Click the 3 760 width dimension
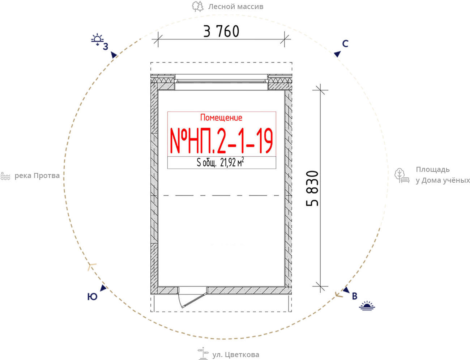pos(221,31)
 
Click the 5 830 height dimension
pos(312,189)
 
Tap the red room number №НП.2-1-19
pos(221,141)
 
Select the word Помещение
pos(221,118)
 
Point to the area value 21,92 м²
pos(232,162)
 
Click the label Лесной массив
pos(236,7)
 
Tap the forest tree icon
pos(198,6)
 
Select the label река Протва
pos(37,176)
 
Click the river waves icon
pos(5,176)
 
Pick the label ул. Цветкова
pos(236,355)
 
